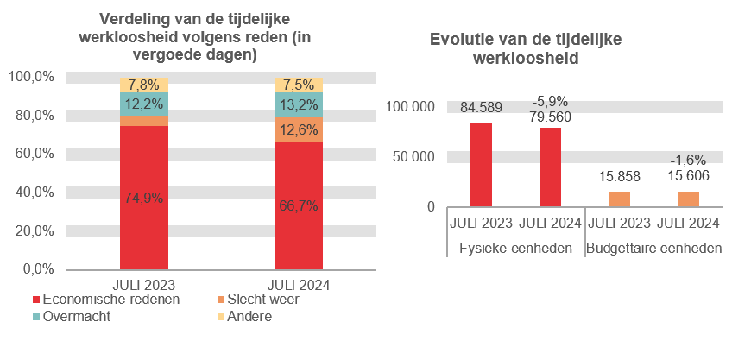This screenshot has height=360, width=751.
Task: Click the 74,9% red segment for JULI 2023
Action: tap(143, 198)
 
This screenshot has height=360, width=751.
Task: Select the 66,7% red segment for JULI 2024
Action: tap(298, 205)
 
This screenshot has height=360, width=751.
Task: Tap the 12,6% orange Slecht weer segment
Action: tap(298, 129)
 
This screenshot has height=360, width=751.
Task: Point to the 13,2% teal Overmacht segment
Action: tap(298, 104)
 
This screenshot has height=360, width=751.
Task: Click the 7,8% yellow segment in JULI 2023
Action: tap(143, 85)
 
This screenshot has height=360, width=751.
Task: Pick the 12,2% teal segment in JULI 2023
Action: tap(143, 104)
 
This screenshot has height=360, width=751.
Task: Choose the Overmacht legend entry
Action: tap(77, 317)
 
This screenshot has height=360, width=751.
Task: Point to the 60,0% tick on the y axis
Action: tap(31, 154)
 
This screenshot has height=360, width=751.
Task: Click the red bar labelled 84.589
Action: tap(481, 165)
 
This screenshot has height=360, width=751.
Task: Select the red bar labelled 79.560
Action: tap(550, 167)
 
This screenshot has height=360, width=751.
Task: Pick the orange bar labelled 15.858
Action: tap(619, 199)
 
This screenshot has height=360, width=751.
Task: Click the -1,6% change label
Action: tap(688, 160)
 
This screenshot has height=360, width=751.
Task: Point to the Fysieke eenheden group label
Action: tap(515, 249)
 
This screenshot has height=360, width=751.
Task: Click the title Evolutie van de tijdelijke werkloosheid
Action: tap(525, 49)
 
